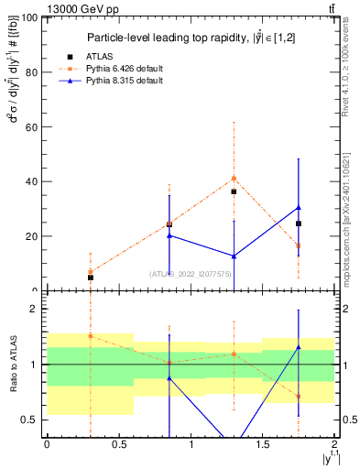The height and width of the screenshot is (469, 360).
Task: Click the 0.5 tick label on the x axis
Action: (118, 444)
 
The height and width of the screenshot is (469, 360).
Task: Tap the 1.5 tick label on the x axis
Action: (262, 444)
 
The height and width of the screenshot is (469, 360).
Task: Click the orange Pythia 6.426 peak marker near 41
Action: (234, 178)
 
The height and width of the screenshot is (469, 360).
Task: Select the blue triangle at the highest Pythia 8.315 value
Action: (299, 208)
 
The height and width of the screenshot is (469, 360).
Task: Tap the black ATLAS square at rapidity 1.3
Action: (234, 191)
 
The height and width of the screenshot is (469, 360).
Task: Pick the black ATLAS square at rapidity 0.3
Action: (90, 277)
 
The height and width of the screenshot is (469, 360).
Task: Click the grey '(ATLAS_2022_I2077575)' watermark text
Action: (191, 274)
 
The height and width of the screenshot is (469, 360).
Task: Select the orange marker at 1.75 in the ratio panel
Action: (299, 397)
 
